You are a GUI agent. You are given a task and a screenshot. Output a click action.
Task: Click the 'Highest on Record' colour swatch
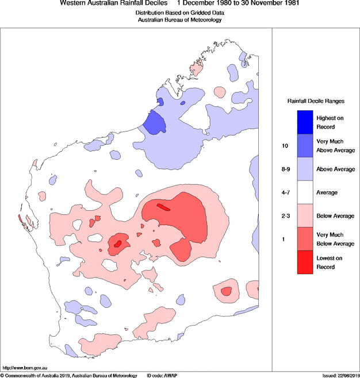tap(305, 122)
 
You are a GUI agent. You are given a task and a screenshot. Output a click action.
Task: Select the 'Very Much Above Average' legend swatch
tap(305, 146)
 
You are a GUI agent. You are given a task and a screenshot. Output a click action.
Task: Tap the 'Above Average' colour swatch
tap(305, 170)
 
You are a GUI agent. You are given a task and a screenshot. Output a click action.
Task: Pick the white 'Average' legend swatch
tap(305, 192)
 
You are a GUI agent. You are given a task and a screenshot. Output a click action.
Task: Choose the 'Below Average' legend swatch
tap(305, 215)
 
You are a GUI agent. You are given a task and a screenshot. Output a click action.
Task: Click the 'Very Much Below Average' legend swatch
tap(305, 238)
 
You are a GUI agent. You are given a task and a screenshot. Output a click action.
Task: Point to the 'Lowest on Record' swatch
tap(305, 263)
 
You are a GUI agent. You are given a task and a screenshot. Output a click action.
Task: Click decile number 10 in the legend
tap(285, 146)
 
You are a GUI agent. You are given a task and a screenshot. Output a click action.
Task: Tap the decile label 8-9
tap(285, 170)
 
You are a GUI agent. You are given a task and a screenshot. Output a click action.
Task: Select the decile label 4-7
tap(285, 193)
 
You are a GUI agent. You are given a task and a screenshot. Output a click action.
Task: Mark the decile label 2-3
tap(285, 216)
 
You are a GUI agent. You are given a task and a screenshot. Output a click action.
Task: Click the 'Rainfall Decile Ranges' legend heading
tap(316, 101)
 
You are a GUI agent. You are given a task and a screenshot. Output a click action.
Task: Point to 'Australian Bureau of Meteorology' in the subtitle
tap(179, 20)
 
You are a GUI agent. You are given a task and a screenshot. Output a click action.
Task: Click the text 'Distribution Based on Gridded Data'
tap(179, 13)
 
